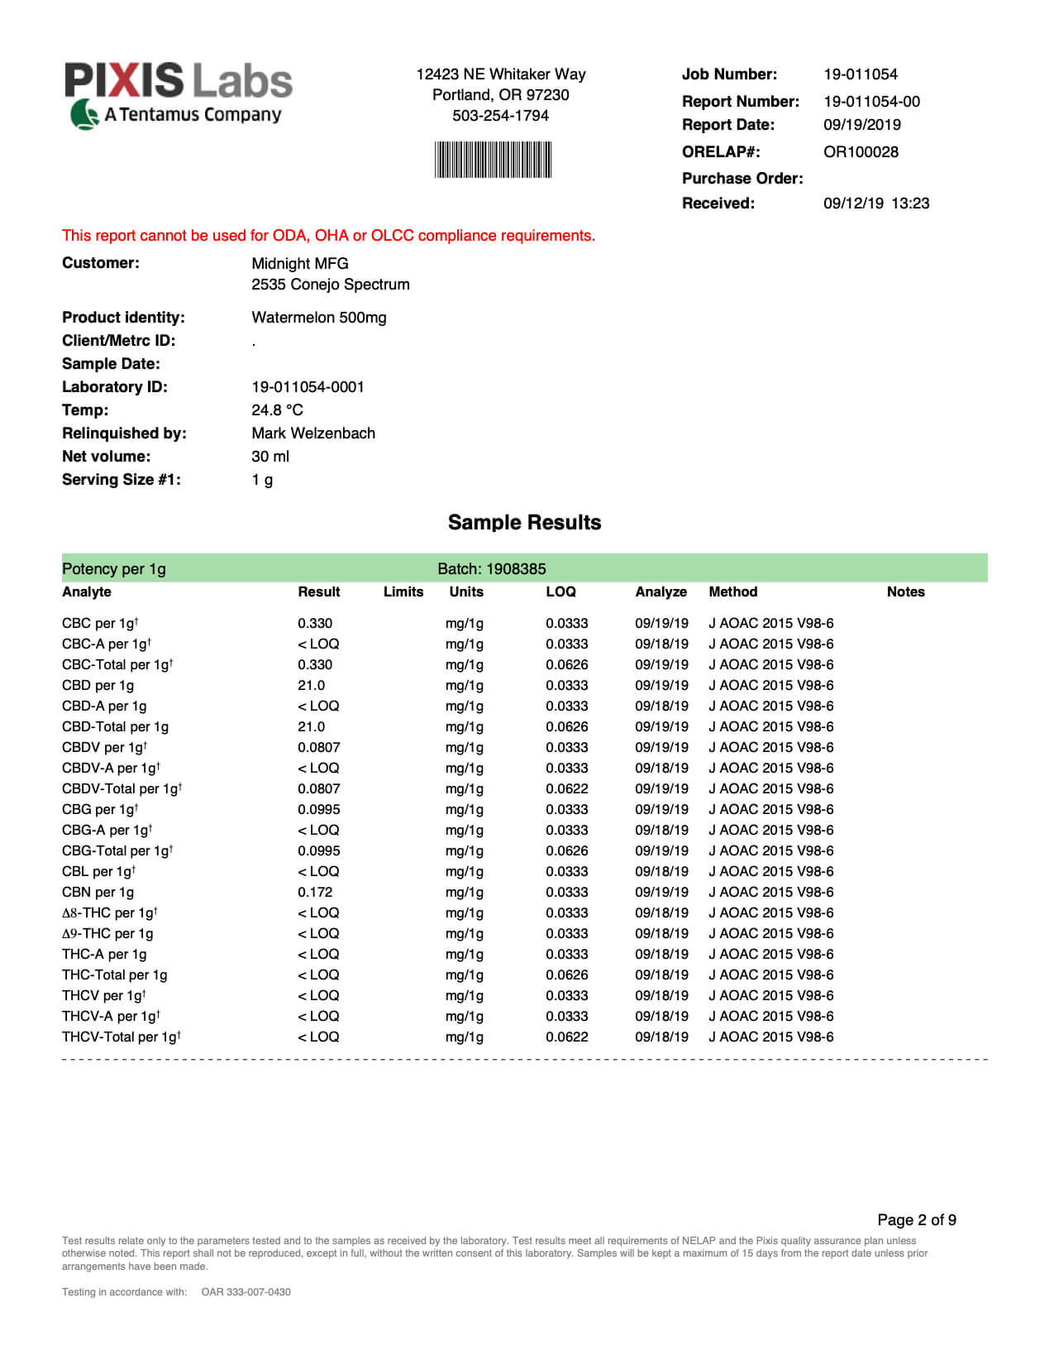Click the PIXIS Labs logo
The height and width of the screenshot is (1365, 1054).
click(178, 94)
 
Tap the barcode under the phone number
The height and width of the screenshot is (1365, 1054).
click(493, 160)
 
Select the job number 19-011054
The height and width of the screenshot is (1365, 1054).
click(860, 74)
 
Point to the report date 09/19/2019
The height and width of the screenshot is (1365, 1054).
click(861, 125)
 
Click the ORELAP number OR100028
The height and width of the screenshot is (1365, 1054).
click(861, 152)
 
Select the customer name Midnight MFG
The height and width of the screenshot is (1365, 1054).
click(300, 264)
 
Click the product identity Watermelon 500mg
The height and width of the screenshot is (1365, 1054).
click(318, 318)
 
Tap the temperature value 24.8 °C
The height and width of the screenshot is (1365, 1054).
click(277, 410)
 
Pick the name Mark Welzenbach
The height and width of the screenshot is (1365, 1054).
click(313, 433)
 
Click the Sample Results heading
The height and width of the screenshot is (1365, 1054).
click(524, 523)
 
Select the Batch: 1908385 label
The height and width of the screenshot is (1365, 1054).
click(491, 569)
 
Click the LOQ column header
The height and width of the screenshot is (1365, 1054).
click(560, 592)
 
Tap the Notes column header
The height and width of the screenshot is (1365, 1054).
click(905, 592)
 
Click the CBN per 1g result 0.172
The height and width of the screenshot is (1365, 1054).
click(315, 893)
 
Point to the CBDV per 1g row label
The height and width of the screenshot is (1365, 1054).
click(104, 748)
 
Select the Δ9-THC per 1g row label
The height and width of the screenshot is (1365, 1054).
click(107, 934)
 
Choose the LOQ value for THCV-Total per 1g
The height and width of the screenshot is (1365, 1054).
click(566, 1037)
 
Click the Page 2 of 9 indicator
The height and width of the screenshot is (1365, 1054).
click(916, 1220)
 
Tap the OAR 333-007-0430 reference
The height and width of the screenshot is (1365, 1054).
click(246, 1292)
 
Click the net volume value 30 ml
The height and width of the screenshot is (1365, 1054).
click(270, 457)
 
